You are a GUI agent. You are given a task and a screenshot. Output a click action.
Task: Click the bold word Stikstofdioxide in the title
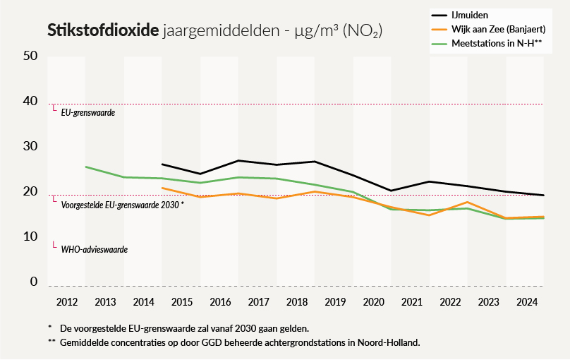point(102,30)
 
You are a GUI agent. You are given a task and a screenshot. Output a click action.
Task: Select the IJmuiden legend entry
point(471,13)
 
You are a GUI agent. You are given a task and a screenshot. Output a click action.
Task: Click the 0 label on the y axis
point(32,282)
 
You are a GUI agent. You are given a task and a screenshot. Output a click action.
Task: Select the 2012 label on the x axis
point(67,302)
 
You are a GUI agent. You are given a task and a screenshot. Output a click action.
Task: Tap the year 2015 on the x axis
point(182,302)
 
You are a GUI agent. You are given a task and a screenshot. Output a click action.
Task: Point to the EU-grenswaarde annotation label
point(87,112)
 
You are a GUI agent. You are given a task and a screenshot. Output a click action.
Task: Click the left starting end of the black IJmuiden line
point(162,164)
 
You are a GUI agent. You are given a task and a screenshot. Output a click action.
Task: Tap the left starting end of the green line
point(85,167)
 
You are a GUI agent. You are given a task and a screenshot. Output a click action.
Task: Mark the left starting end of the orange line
point(162,188)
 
